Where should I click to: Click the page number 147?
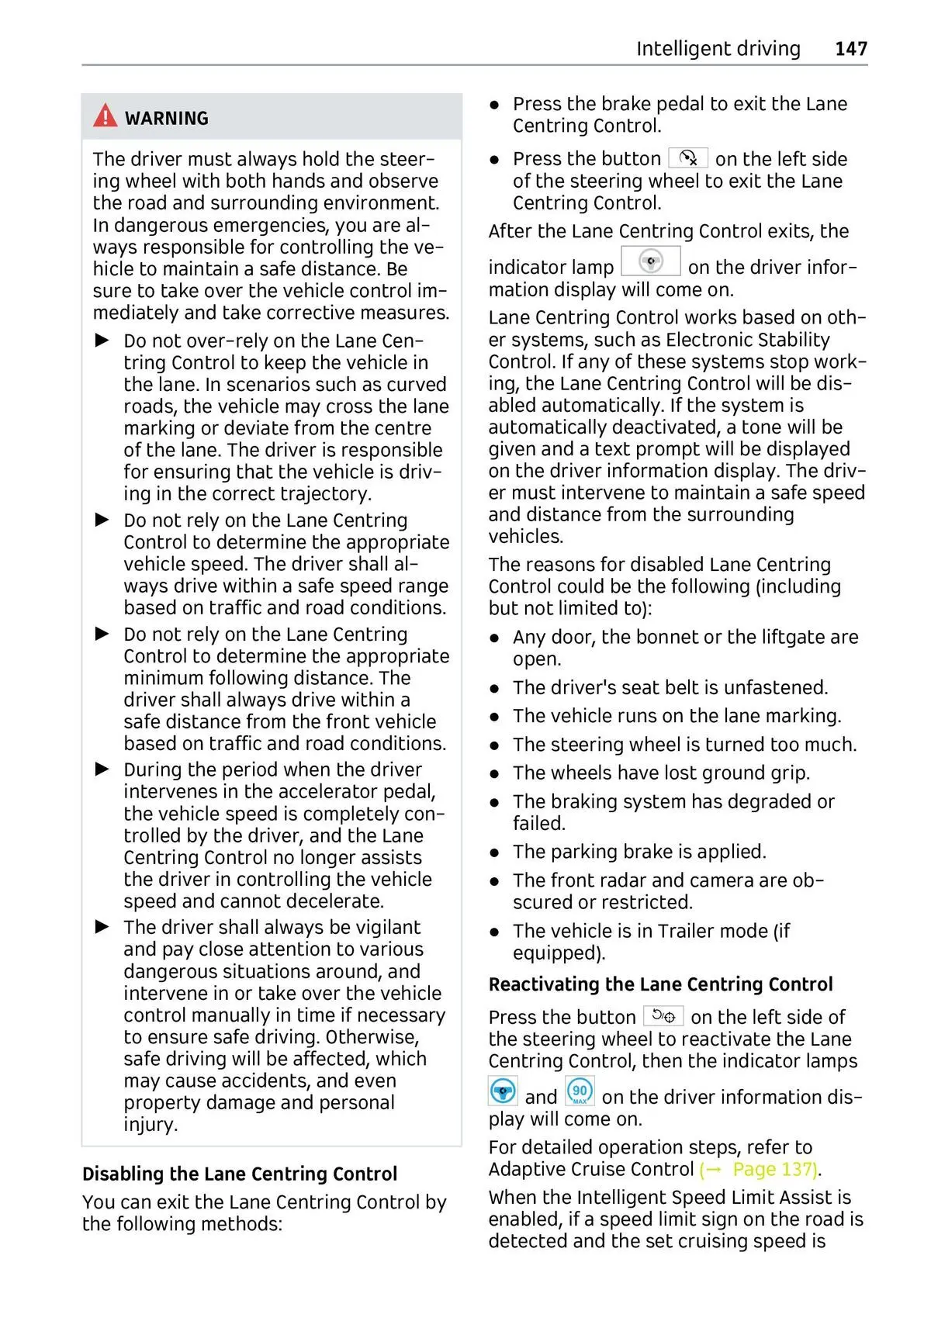(x=850, y=49)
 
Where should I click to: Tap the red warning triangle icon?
(x=105, y=116)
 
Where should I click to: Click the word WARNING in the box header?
(x=167, y=119)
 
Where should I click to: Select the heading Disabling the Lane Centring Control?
(x=240, y=1174)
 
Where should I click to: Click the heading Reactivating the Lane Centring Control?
(x=660, y=984)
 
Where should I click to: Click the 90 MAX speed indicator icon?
(x=580, y=1091)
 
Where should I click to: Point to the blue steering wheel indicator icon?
(x=503, y=1091)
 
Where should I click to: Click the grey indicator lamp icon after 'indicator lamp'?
(x=651, y=261)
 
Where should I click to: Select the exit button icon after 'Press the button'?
(x=688, y=158)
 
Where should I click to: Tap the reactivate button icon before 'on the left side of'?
(x=663, y=1016)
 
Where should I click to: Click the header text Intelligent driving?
(x=718, y=49)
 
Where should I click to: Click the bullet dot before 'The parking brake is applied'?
(x=494, y=852)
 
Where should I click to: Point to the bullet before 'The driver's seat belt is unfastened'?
(x=494, y=688)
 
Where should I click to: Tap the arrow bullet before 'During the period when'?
(x=102, y=769)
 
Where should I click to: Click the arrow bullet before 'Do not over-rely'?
(x=102, y=341)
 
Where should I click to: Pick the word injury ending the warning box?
(x=151, y=1124)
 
